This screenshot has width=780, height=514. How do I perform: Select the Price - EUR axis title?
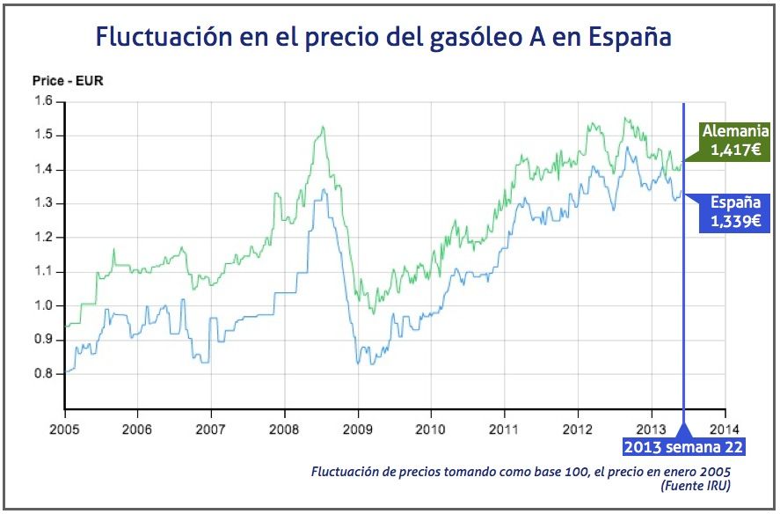click(68, 81)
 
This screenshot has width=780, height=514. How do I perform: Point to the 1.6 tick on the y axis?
click(44, 102)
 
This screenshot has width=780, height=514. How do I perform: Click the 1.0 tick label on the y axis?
click(44, 305)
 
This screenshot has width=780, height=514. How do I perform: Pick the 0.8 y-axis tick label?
click(44, 373)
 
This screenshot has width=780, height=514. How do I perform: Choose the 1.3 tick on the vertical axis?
click(44, 203)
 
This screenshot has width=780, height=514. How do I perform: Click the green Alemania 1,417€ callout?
click(730, 141)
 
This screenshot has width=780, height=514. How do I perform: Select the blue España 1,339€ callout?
click(730, 212)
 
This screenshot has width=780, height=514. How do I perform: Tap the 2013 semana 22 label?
click(683, 448)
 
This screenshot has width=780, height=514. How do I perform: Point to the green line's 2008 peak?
click(323, 128)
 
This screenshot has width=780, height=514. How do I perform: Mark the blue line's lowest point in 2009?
click(359, 363)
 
